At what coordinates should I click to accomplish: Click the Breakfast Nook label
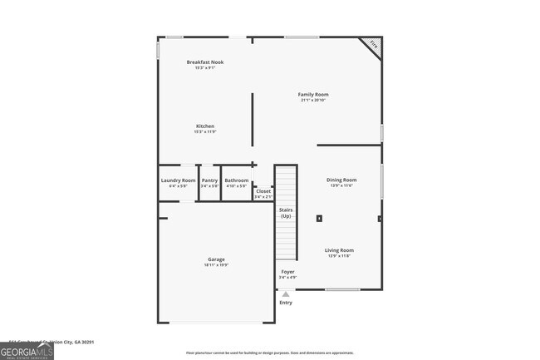(205, 62)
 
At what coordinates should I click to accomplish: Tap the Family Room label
(313, 95)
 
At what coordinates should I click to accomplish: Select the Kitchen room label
(205, 126)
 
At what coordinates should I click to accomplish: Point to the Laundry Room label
(178, 180)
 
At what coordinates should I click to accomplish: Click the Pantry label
(210, 180)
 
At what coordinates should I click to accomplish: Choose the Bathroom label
(237, 180)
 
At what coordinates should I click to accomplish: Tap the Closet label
(263, 191)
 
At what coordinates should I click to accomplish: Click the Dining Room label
(341, 180)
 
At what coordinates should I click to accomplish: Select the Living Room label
(339, 250)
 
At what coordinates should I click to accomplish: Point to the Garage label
(216, 259)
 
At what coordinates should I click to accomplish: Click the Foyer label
(287, 272)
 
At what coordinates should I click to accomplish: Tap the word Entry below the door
(286, 303)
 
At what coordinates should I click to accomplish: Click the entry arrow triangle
(286, 294)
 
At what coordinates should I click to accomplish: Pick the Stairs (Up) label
(286, 214)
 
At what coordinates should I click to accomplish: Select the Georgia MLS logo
(27, 352)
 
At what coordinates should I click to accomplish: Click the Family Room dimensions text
(313, 101)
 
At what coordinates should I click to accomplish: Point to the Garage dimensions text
(216, 265)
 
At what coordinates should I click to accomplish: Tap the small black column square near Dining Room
(319, 219)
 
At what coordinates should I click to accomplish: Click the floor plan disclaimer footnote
(269, 353)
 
